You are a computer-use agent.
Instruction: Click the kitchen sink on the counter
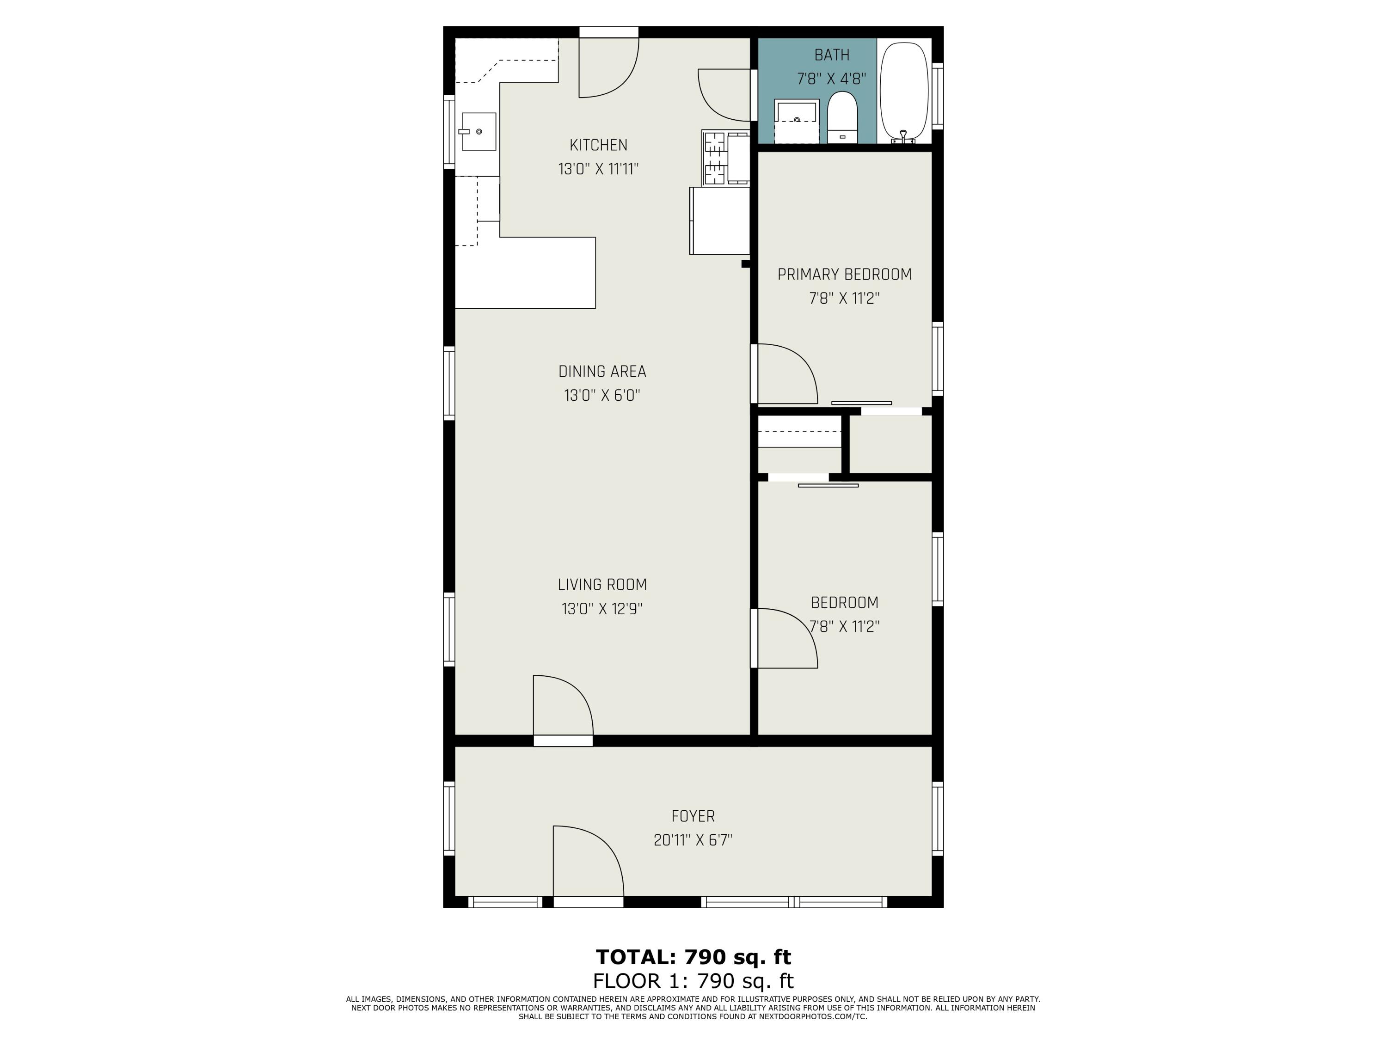click(x=479, y=132)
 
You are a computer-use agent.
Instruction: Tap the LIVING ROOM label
click(x=602, y=585)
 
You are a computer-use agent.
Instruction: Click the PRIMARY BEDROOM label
click(x=844, y=275)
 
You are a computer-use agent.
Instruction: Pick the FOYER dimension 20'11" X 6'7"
click(x=693, y=840)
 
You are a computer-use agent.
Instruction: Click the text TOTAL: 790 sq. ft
click(x=693, y=957)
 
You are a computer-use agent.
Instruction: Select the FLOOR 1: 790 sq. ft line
click(x=693, y=980)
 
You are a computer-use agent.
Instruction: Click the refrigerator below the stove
click(x=720, y=220)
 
